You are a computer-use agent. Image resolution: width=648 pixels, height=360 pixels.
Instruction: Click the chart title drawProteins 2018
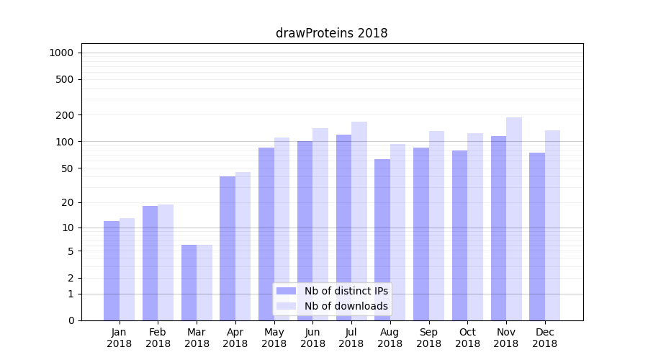(332, 33)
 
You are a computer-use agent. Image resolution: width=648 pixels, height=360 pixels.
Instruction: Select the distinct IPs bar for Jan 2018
(112, 271)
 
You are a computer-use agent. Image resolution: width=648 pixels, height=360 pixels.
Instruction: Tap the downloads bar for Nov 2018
(514, 219)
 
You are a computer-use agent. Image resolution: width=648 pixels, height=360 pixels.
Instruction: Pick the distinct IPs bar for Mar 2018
(189, 282)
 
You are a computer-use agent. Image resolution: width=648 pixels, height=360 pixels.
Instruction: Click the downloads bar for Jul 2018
(359, 221)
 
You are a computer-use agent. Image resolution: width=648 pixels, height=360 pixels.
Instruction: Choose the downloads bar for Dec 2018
(553, 225)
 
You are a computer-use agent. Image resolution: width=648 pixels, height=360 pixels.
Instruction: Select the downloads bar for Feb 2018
(166, 262)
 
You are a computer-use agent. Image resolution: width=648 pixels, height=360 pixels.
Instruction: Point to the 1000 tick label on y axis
(61, 53)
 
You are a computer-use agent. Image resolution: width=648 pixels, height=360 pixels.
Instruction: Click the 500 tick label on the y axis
(66, 79)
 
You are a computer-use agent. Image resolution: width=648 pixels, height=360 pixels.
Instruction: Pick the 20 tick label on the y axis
(68, 202)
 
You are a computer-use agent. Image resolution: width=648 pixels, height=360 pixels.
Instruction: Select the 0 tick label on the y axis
(71, 320)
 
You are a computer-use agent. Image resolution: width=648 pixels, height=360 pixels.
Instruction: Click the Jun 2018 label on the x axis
(312, 338)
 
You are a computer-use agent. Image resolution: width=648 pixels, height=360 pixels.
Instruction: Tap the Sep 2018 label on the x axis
(428, 338)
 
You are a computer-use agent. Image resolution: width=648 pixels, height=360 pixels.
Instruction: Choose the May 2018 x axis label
(274, 338)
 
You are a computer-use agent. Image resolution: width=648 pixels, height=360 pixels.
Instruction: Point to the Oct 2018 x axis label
(467, 338)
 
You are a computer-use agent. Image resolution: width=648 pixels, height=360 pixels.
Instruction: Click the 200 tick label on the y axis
(66, 115)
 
